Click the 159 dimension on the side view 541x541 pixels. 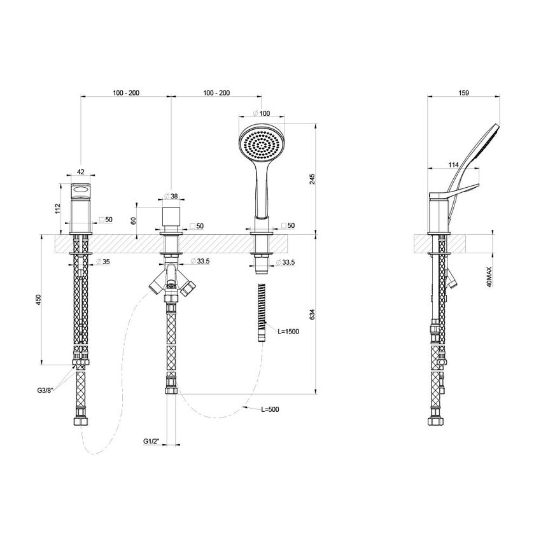[463, 93]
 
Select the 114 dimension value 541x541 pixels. [453, 165]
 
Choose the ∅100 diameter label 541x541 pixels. [261, 113]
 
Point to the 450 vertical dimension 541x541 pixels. [39, 299]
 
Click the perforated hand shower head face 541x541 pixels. [260, 145]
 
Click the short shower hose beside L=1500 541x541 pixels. [260, 315]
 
